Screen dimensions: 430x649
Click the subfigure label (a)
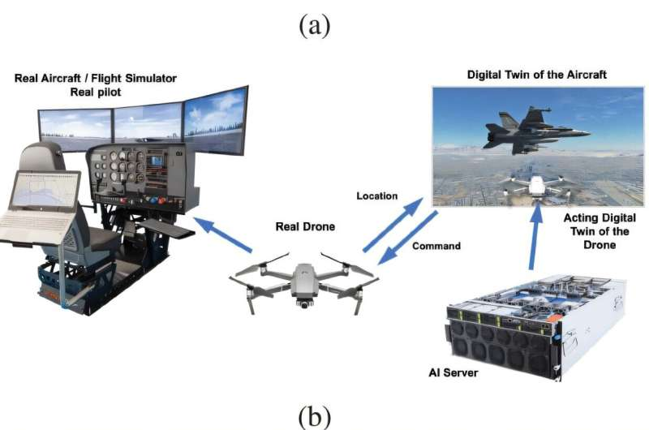tap(315, 27)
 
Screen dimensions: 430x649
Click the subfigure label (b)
tap(315, 416)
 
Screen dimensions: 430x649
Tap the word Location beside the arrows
tap(377, 196)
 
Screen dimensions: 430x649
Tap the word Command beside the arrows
tap(437, 246)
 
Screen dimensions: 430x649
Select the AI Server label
tap(451, 374)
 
